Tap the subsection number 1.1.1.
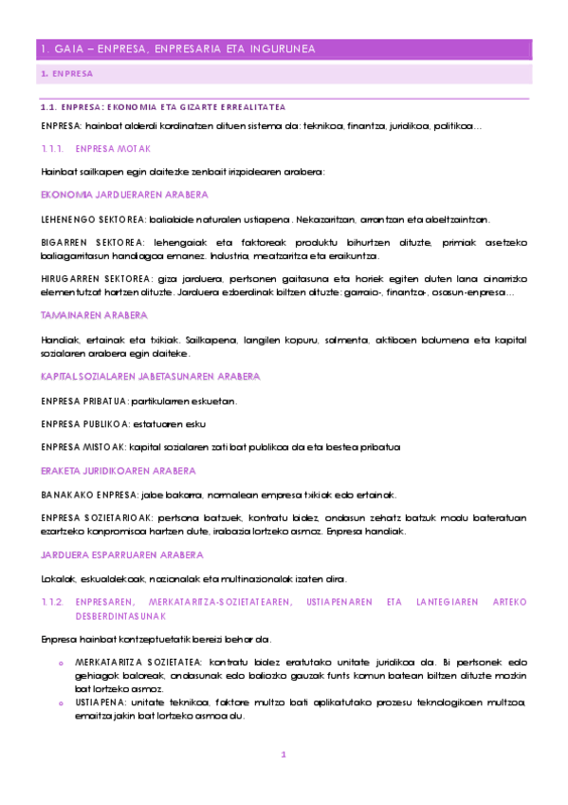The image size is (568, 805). tap(52, 149)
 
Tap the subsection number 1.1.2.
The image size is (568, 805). tap(52, 603)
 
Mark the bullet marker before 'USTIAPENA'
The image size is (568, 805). tap(60, 701)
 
